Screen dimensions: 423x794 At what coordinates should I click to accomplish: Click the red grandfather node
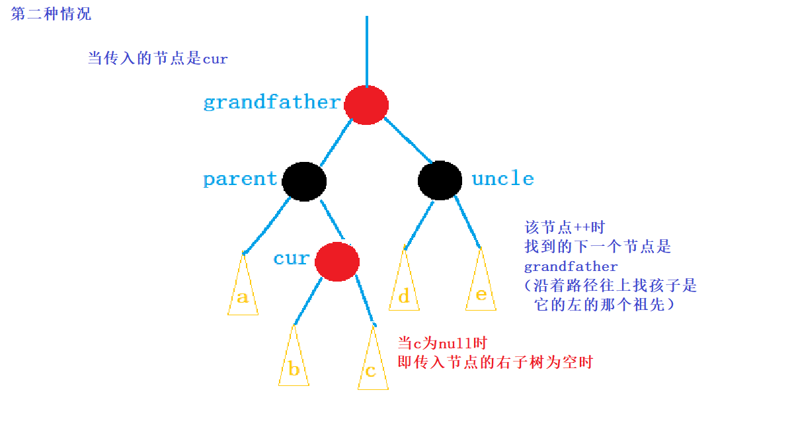coord(366,104)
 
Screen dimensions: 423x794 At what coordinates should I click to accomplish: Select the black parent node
coord(304,180)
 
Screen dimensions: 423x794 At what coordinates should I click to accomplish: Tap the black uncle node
coord(440,180)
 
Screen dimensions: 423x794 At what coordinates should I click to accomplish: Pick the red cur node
coord(337,262)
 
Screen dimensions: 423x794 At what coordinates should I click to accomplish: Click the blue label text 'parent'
coord(240,179)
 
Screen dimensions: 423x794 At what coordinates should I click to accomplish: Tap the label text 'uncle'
coord(502,179)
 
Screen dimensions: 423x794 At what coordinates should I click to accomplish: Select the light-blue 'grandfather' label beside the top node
coord(271,102)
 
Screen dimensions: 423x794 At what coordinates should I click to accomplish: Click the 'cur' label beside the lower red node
coord(291,258)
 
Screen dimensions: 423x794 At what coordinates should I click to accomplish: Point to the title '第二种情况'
coord(51,14)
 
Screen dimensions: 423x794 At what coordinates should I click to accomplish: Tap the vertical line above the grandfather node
coord(366,50)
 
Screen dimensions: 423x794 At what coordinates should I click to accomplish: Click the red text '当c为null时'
coord(442,343)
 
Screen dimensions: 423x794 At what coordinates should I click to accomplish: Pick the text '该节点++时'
coord(564,228)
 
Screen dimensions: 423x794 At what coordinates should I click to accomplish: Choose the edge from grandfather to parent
coord(335,142)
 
